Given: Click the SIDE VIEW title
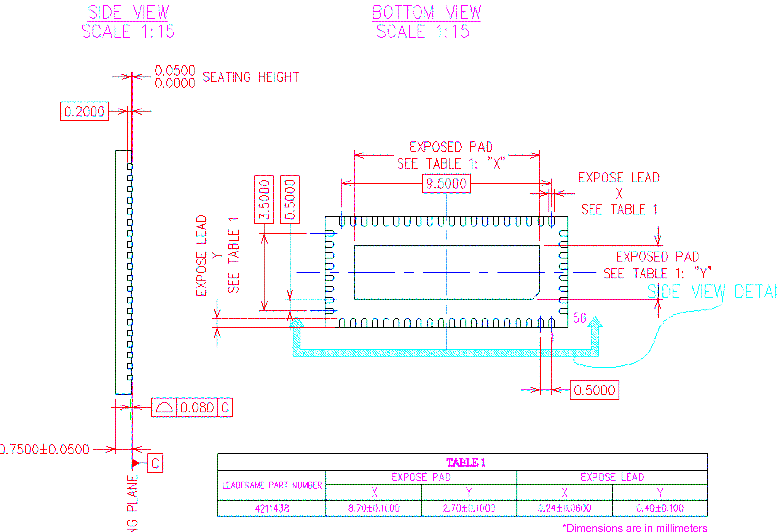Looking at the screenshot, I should [x=128, y=13].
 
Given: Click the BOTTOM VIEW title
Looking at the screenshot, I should [x=426, y=13].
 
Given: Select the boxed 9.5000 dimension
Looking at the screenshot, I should [x=446, y=183].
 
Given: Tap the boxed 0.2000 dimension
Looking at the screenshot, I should [x=84, y=111].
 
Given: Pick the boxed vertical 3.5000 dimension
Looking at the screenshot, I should [x=264, y=199].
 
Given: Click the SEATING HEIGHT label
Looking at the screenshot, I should [x=250, y=77].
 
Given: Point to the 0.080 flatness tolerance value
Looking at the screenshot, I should [x=197, y=407].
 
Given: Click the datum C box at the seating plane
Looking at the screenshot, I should [x=155, y=463].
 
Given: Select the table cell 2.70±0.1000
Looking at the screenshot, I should [x=469, y=508].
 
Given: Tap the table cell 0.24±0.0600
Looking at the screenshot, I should [x=564, y=508].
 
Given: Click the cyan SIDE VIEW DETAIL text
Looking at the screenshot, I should [x=711, y=291].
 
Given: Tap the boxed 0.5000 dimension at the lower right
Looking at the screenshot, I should [x=594, y=390].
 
